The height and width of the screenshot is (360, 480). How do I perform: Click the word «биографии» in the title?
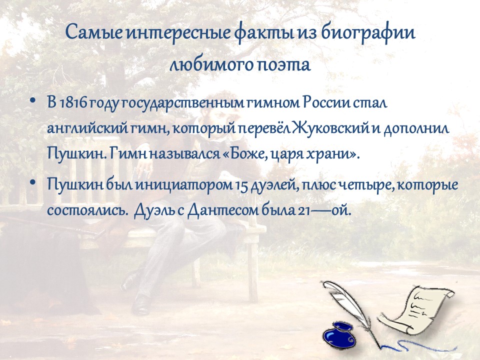(368, 33)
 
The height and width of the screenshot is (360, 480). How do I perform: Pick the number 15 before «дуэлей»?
(241, 185)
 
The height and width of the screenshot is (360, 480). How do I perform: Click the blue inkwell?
(339, 334)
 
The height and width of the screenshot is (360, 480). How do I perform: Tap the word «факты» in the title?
(265, 33)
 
